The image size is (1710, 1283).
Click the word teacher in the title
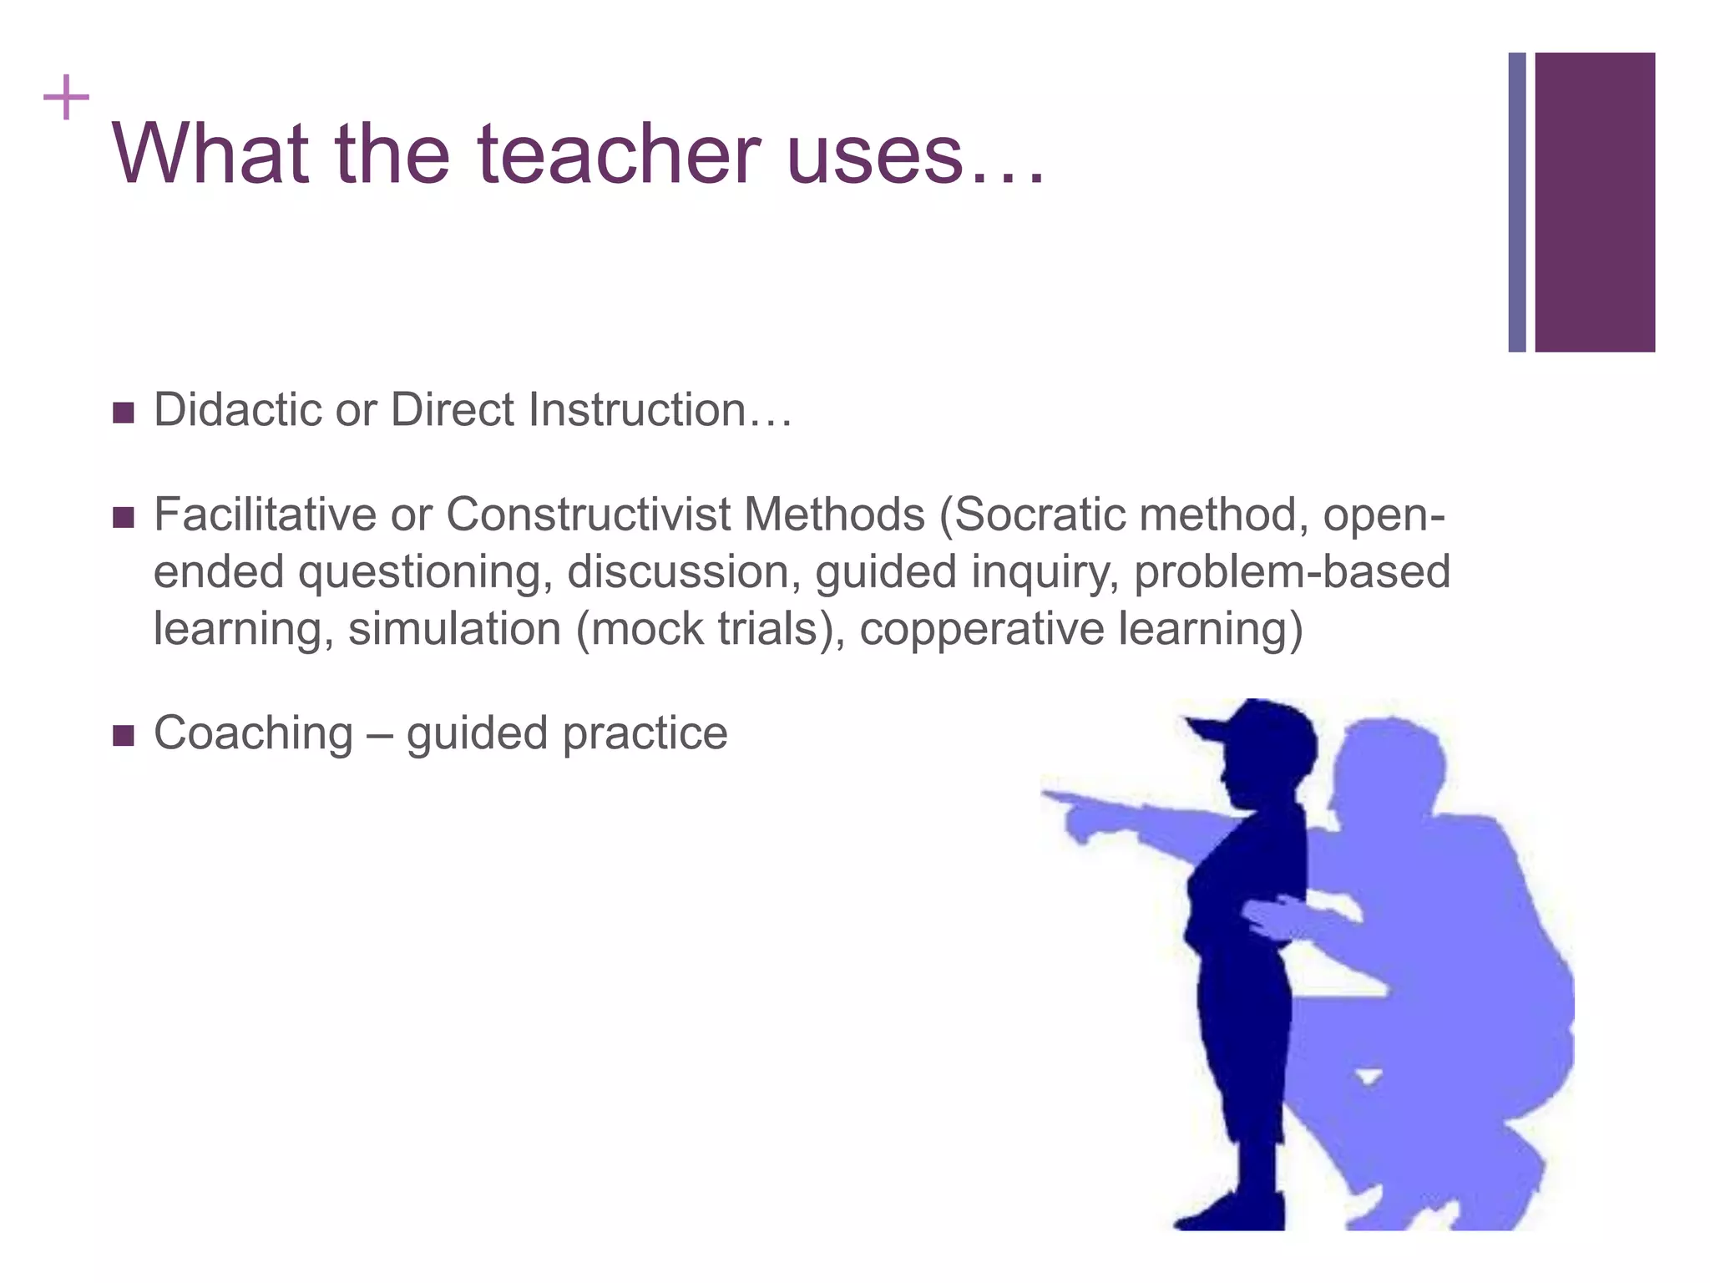click(x=619, y=155)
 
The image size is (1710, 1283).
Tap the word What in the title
click(x=209, y=155)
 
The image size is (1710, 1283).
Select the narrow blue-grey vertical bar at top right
click(x=1516, y=202)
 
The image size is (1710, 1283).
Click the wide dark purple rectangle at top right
click(x=1595, y=202)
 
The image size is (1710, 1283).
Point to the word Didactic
click(x=238, y=410)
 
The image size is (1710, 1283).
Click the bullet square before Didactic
click(x=123, y=413)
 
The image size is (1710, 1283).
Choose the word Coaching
click(x=254, y=733)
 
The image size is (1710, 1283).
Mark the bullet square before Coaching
click(x=123, y=736)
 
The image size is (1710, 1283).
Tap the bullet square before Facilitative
click(x=123, y=518)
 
